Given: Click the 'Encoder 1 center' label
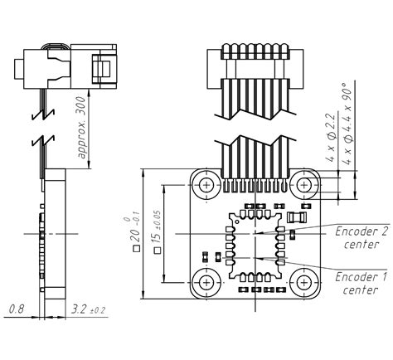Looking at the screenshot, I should [360, 283].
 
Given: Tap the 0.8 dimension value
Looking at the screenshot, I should [17, 309].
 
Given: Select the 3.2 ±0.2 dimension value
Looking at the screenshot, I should [88, 309].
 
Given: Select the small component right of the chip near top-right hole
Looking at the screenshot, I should [299, 217].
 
